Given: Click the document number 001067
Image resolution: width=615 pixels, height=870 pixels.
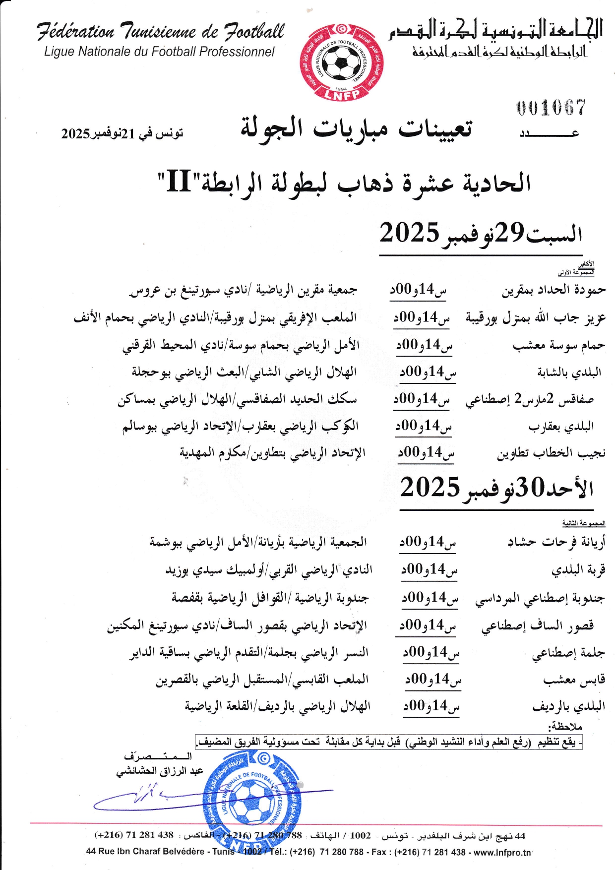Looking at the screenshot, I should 551,108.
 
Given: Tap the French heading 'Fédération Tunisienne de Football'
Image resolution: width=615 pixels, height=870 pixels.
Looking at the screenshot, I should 160,32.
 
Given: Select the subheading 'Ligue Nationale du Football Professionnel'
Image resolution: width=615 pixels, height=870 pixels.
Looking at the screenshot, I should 159,52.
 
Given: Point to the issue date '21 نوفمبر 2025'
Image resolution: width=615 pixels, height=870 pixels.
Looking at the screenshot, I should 122,133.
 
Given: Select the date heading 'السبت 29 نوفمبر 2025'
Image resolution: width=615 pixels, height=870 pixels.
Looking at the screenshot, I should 481,233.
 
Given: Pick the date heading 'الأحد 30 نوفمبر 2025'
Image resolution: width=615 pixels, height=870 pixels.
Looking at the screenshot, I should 496,488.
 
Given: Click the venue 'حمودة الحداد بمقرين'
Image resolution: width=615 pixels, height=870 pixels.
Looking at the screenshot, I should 553,290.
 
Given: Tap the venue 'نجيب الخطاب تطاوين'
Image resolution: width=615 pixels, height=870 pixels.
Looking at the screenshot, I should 551,453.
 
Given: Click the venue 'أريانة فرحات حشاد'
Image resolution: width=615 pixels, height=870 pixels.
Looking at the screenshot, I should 556,542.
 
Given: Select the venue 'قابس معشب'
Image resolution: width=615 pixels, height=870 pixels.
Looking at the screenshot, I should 574,680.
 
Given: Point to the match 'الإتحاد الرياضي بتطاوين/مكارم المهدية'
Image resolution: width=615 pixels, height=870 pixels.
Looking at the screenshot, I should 272,453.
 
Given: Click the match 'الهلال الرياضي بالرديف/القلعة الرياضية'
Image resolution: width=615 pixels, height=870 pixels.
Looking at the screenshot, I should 278,706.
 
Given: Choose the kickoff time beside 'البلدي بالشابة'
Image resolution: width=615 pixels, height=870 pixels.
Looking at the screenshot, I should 428,372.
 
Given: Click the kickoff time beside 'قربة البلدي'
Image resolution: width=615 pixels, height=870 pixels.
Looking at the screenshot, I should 429,569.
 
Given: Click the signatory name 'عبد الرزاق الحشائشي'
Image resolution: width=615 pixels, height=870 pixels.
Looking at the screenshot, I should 160,771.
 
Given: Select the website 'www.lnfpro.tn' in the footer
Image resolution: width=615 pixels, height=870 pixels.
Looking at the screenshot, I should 502,852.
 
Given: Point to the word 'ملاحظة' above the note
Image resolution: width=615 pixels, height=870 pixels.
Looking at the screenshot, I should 565,727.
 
